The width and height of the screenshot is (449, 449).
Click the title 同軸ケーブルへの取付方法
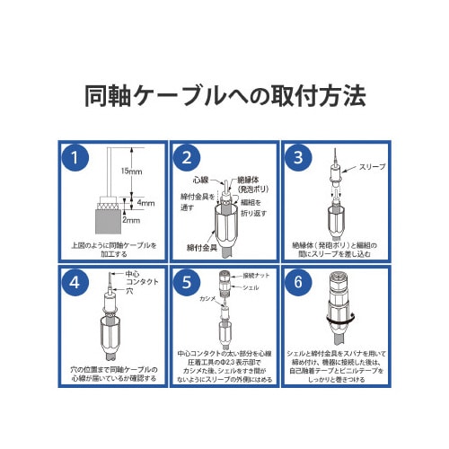pyautogui.click(x=224, y=95)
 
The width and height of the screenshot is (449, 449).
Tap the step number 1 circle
pyautogui.click(x=80, y=159)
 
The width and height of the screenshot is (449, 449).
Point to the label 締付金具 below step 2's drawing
pyautogui.click(x=205, y=247)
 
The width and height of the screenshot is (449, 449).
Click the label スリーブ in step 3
pyautogui.click(x=372, y=167)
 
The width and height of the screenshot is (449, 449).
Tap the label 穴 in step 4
pyautogui.click(x=128, y=292)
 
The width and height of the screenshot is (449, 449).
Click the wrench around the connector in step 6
pyautogui.click(x=327, y=319)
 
